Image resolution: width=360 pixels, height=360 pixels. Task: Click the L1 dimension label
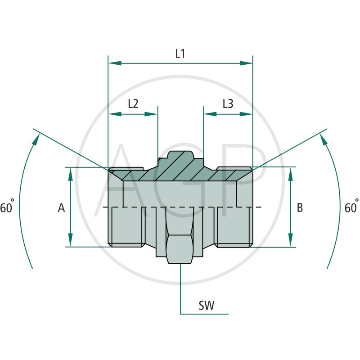click(x=180, y=54)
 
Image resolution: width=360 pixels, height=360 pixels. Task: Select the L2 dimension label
click(x=133, y=104)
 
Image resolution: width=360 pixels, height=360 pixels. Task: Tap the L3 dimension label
click(x=228, y=104)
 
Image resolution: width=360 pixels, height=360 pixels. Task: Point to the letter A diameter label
click(x=62, y=207)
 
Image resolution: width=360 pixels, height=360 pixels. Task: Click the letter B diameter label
click(x=300, y=207)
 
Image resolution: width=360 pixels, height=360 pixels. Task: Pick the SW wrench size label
click(x=207, y=306)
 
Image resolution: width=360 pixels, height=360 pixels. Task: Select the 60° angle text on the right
click(x=351, y=208)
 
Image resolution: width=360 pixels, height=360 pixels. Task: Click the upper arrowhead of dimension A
click(x=71, y=173)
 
